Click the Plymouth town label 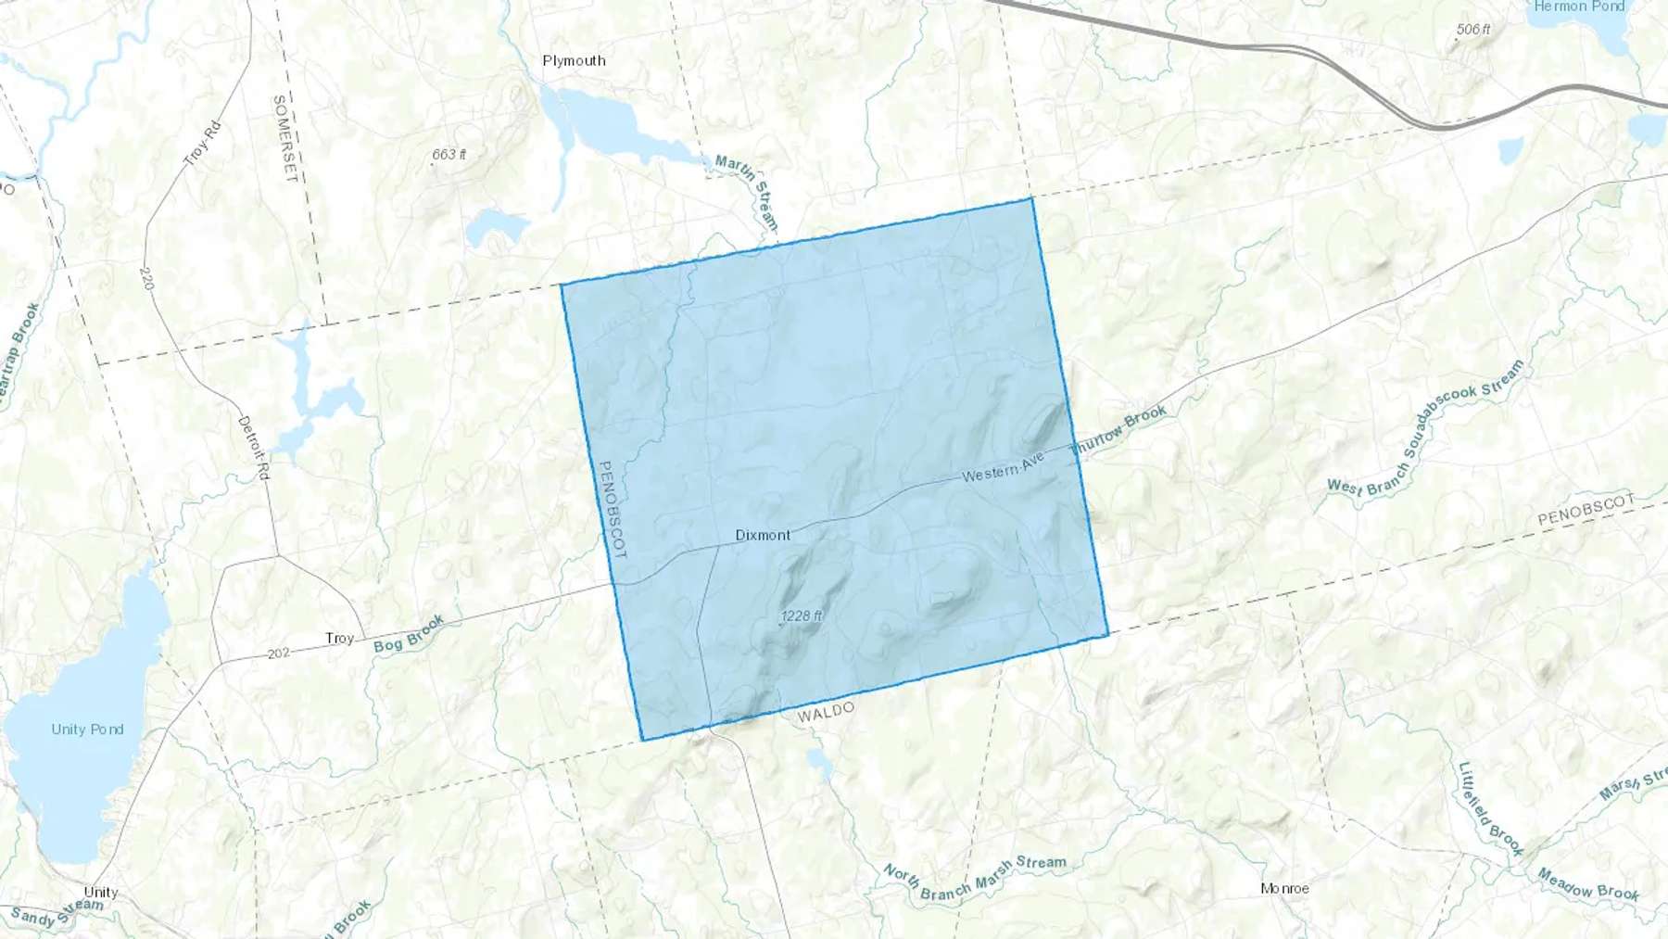click(x=574, y=61)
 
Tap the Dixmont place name click(x=763, y=535)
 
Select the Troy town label click(x=339, y=638)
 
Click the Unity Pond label click(x=87, y=730)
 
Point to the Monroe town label click(x=1284, y=888)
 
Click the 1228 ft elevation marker click(x=802, y=615)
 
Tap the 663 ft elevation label click(x=449, y=154)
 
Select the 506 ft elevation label click(x=1472, y=30)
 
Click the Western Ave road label click(x=1003, y=468)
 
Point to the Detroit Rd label click(x=253, y=448)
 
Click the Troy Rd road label click(x=202, y=144)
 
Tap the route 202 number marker click(x=278, y=653)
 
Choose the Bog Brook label click(x=409, y=634)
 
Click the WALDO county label click(x=826, y=712)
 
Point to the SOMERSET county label click(x=284, y=137)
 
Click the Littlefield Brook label click(x=1490, y=808)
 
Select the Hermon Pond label click(x=1579, y=6)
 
